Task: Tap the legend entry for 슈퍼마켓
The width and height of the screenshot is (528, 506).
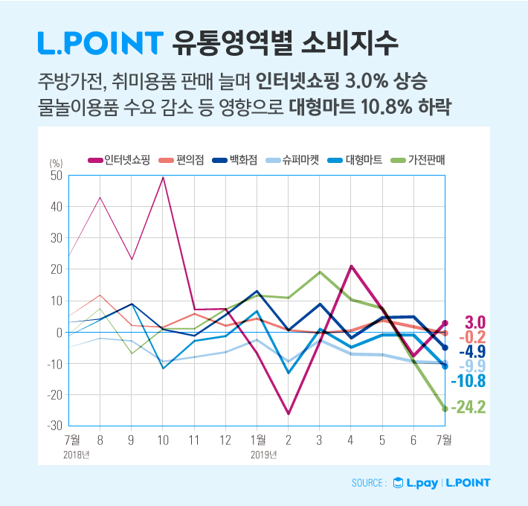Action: [x=293, y=159]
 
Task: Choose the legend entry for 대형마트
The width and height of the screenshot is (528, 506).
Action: [x=354, y=159]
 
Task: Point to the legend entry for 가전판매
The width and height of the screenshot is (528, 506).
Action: [x=416, y=159]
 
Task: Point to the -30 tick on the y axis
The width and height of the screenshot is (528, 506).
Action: [x=55, y=426]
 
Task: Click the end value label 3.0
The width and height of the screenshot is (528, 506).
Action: [x=474, y=322]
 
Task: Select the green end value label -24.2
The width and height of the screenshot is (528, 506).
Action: [x=468, y=409]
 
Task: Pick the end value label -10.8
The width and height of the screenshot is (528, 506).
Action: [x=468, y=380]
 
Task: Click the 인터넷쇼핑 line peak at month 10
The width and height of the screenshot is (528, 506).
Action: [x=162, y=177]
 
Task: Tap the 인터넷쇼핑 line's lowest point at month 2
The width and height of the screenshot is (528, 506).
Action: [x=288, y=414]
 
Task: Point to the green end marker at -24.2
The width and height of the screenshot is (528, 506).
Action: [x=445, y=409]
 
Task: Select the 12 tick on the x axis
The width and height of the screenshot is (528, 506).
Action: [x=225, y=441]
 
